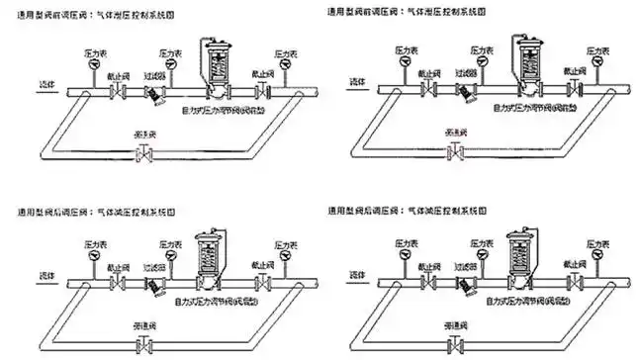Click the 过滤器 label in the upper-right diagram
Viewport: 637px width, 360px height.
pyautogui.click(x=468, y=73)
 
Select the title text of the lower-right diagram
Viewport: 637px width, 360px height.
pyautogui.click(x=406, y=213)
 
